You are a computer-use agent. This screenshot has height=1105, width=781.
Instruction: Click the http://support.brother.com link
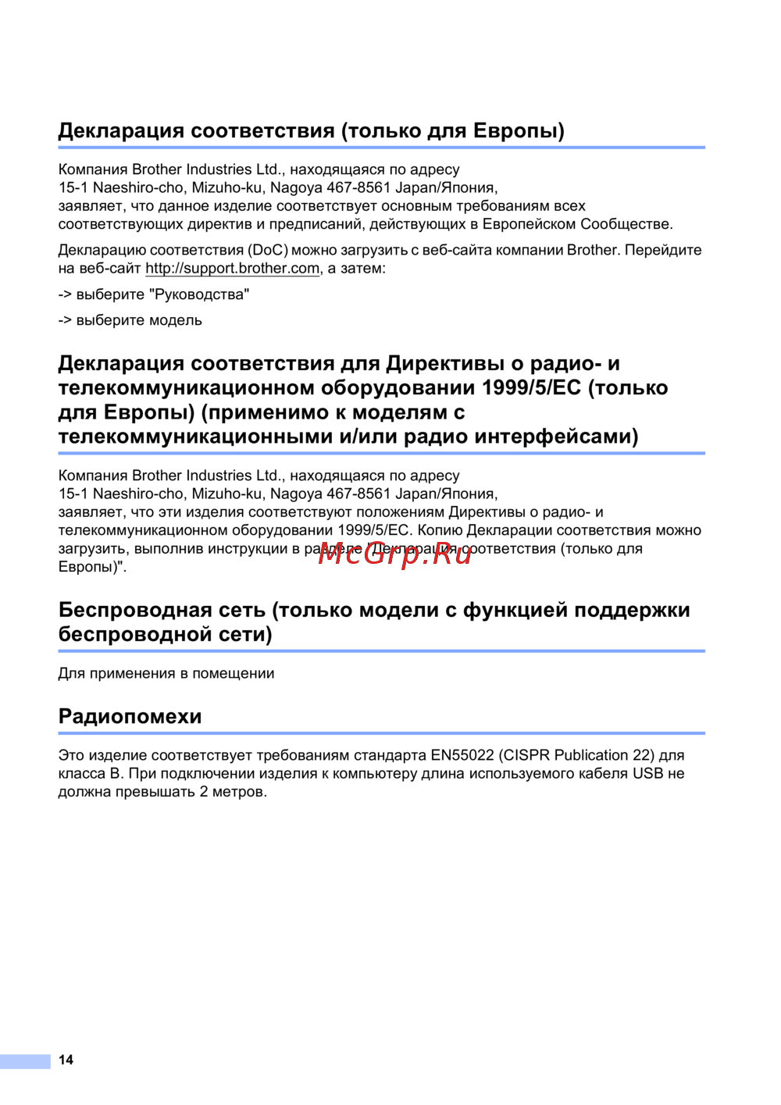[x=233, y=269]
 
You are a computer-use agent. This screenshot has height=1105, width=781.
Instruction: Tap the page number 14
[x=66, y=1060]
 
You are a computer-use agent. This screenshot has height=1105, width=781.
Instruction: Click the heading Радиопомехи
[x=130, y=716]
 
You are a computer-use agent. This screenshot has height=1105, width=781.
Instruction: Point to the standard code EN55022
[x=462, y=755]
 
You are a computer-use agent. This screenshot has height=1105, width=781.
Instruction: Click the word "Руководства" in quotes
[x=201, y=294]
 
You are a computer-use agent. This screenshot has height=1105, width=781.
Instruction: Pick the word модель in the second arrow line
[x=172, y=320]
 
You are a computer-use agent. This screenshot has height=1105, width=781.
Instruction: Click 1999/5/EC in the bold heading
[x=531, y=387]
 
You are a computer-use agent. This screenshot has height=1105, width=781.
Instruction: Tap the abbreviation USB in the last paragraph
[x=647, y=773]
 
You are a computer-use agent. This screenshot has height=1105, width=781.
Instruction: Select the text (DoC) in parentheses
[x=268, y=250]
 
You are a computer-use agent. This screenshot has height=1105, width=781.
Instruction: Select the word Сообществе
[x=626, y=224]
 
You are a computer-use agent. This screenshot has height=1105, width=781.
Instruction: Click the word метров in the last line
[x=238, y=791]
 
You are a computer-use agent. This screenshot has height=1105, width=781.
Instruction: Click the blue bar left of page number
[x=25, y=1060]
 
